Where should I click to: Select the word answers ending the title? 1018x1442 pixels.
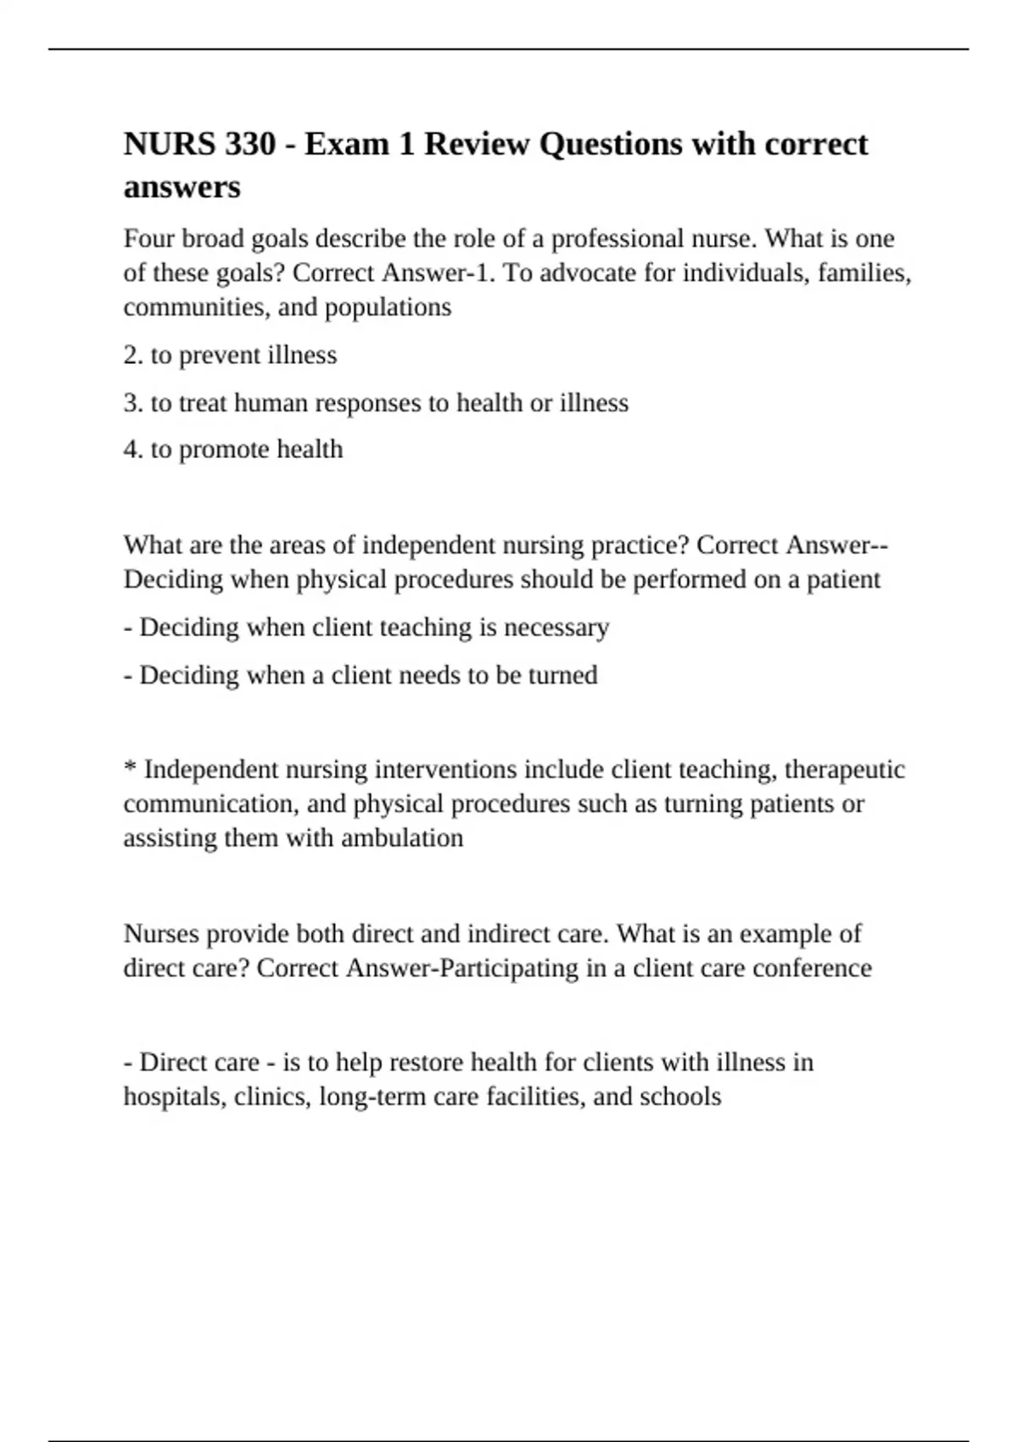click(182, 187)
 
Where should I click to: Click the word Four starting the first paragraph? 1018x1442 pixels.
click(149, 238)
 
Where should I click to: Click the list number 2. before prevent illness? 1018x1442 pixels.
click(133, 355)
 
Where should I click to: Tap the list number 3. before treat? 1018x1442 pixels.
click(133, 402)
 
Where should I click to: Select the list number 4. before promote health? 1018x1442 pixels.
click(133, 450)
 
